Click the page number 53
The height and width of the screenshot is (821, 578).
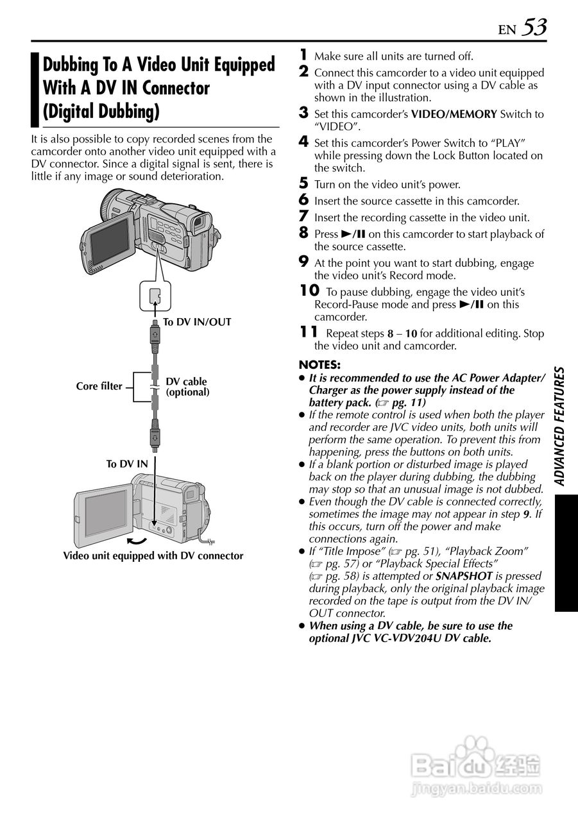click(534, 27)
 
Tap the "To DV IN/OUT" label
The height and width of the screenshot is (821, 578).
click(196, 322)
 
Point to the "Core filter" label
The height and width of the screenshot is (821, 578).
click(99, 386)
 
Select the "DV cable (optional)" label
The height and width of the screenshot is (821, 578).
click(187, 387)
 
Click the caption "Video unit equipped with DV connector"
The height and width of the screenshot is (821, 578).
click(153, 556)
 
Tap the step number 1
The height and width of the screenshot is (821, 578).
click(305, 55)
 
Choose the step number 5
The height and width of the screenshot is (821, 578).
click(305, 184)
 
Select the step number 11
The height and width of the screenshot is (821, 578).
click(309, 332)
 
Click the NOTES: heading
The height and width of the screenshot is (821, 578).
click(319, 365)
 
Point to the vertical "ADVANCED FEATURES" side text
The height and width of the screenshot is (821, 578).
click(559, 427)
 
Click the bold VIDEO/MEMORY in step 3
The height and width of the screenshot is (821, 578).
click(454, 114)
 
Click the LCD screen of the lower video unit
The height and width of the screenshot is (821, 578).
click(106, 514)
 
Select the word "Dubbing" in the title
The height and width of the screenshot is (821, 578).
click(71, 65)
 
